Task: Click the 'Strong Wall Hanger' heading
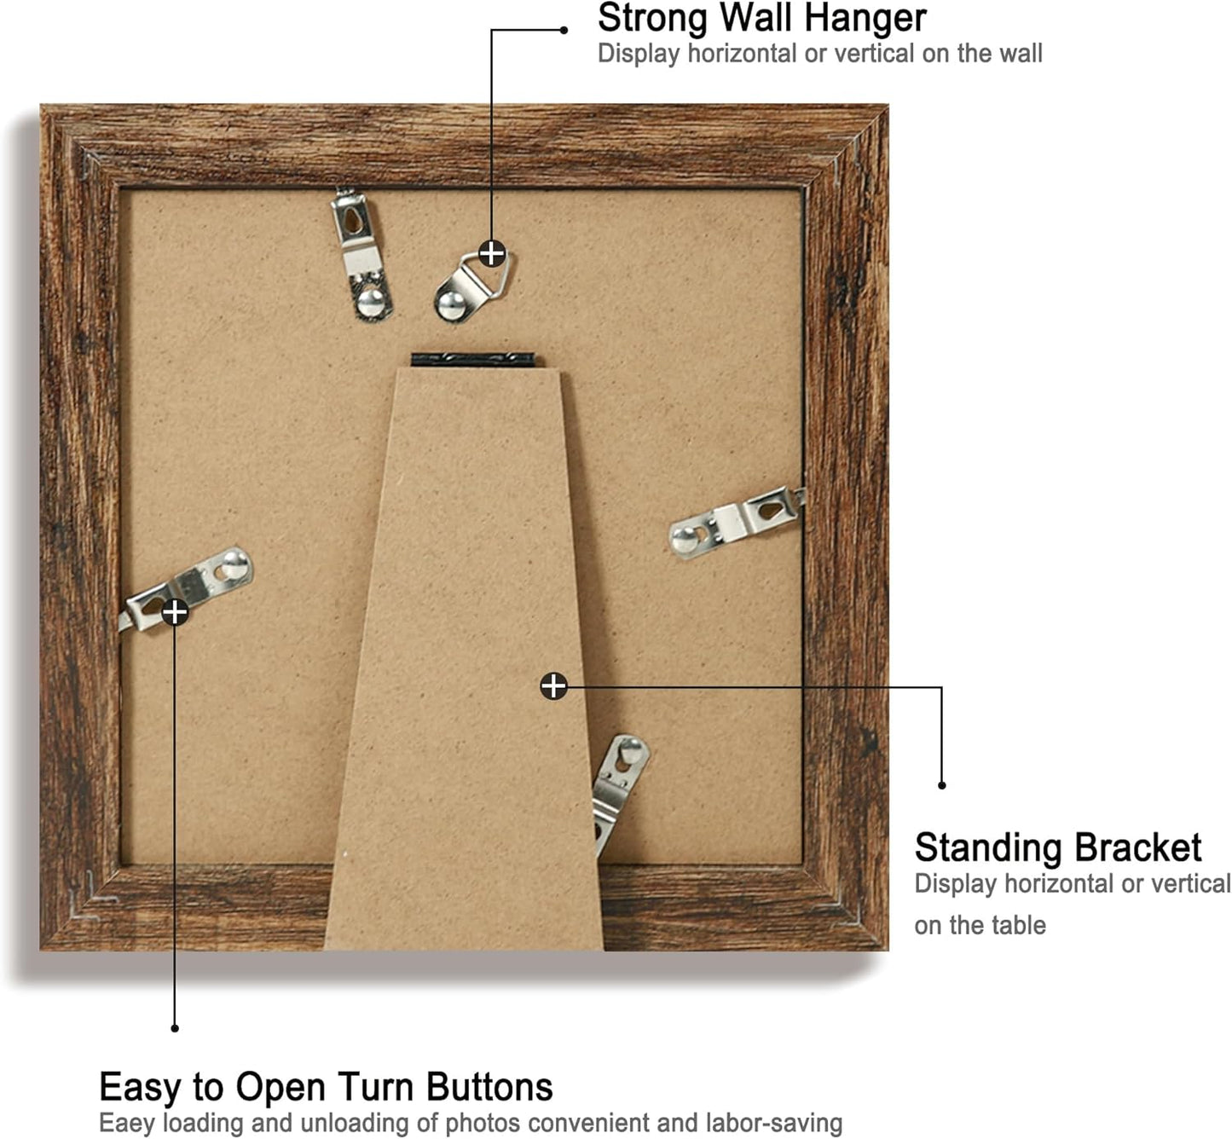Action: (x=761, y=19)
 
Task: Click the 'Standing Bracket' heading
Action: (x=1057, y=847)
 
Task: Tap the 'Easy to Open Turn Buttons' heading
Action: (x=326, y=1087)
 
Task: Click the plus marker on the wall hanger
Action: (x=492, y=253)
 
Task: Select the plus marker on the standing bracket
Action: (x=553, y=685)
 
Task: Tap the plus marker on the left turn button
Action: (x=175, y=611)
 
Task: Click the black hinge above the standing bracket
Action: (x=473, y=360)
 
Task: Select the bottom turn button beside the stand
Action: (x=621, y=789)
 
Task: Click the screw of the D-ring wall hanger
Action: (x=451, y=302)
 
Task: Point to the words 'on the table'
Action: (x=980, y=925)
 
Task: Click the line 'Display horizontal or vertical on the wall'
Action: (x=819, y=54)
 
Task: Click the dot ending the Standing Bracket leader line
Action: (x=942, y=785)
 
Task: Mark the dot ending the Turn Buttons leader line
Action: (x=175, y=1028)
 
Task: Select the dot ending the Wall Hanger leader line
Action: (x=564, y=30)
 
